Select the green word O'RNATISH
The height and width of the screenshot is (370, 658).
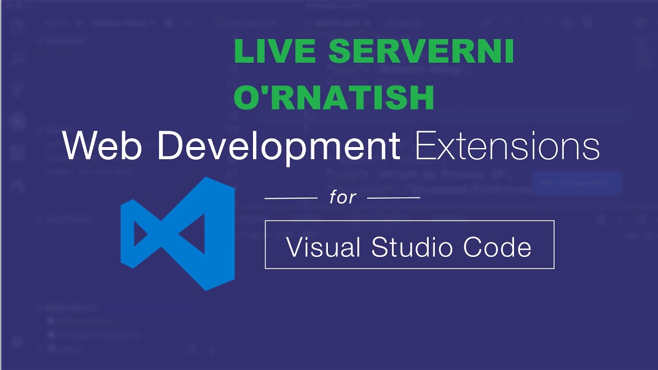[334, 98]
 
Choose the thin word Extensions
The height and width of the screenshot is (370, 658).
[507, 145]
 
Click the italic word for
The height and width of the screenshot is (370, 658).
[343, 197]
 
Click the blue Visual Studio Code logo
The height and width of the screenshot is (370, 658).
[178, 234]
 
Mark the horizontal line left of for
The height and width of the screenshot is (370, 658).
[291, 197]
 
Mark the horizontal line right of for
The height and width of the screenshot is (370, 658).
[394, 197]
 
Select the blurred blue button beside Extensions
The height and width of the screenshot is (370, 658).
[577, 183]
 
